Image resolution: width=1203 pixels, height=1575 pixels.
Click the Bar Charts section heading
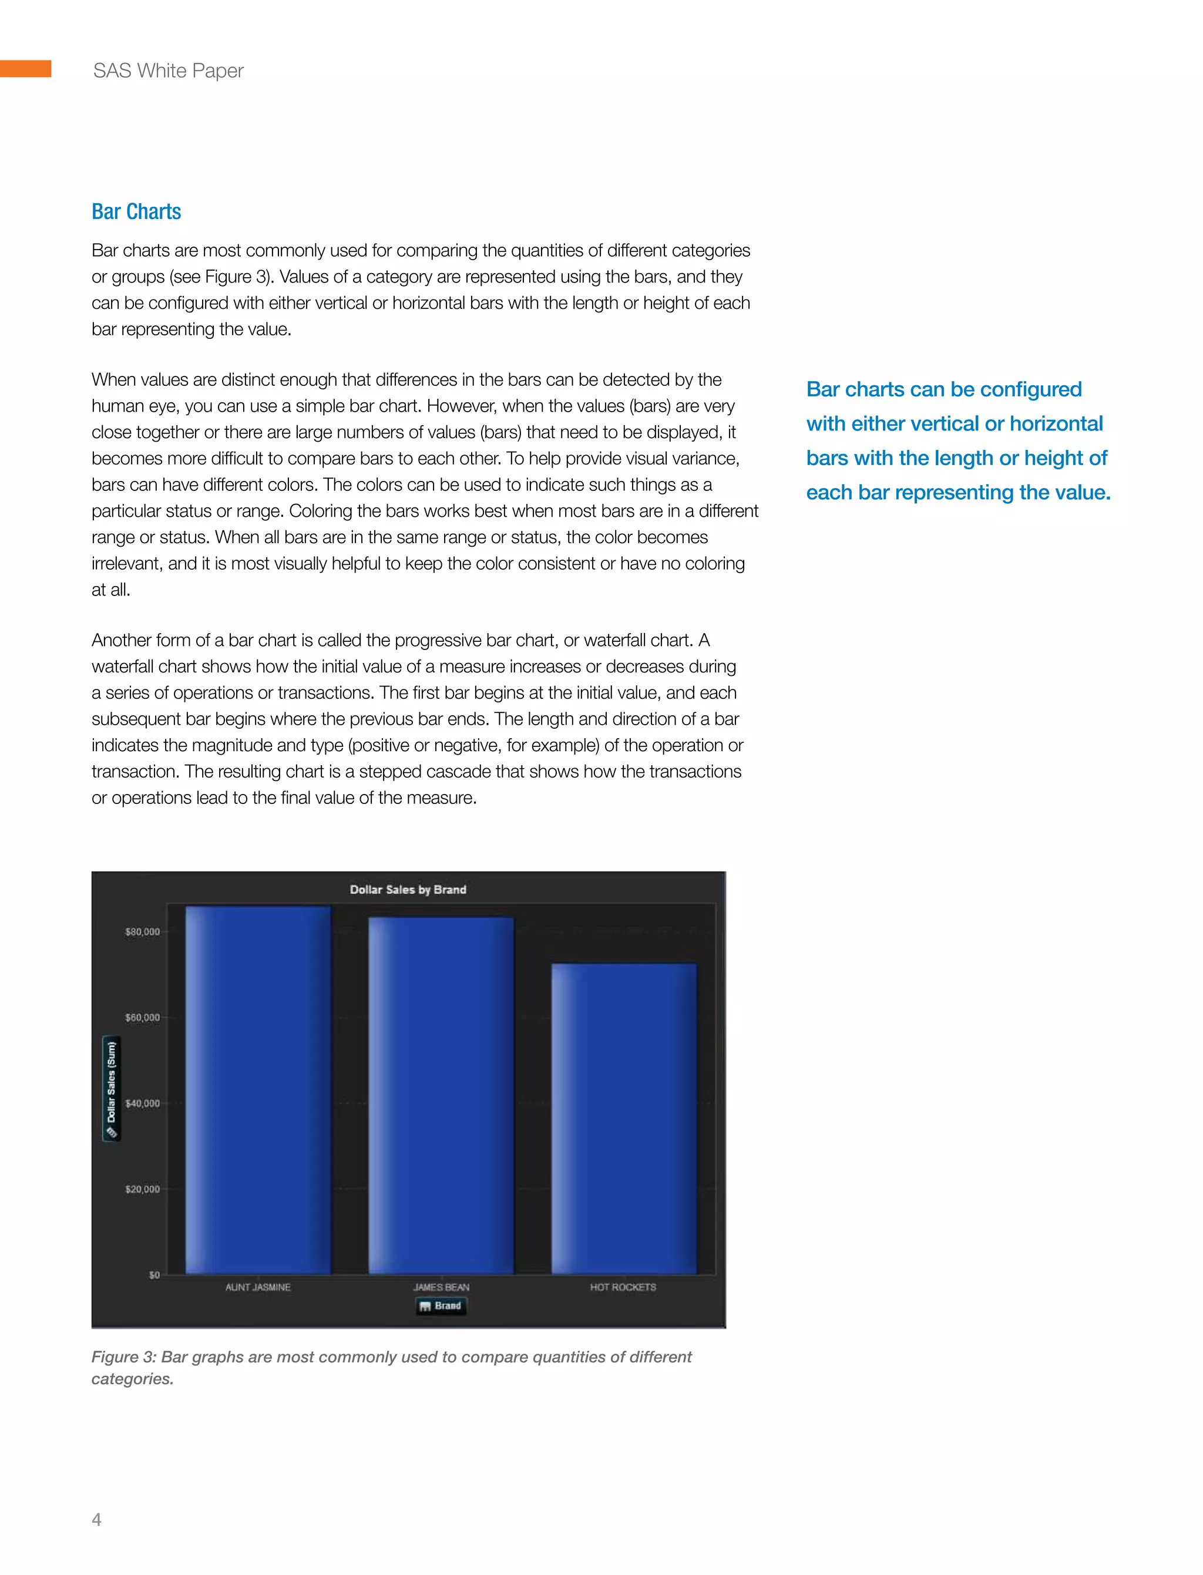[x=136, y=212]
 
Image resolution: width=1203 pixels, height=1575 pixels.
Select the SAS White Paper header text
[x=168, y=71]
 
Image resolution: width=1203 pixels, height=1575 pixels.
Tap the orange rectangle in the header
[x=25, y=69]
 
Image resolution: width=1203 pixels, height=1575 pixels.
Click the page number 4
[x=97, y=1519]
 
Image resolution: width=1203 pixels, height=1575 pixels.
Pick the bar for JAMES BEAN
[x=441, y=1095]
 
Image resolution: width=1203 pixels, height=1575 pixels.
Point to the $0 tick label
[x=154, y=1275]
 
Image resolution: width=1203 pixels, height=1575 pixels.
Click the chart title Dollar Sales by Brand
[x=408, y=889]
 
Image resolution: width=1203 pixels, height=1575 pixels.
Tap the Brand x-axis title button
[x=441, y=1306]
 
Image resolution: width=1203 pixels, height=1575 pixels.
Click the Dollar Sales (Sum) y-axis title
[x=112, y=1089]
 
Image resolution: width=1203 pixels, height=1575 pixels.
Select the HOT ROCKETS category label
[x=623, y=1287]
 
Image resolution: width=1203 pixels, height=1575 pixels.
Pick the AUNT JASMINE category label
[x=258, y=1287]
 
